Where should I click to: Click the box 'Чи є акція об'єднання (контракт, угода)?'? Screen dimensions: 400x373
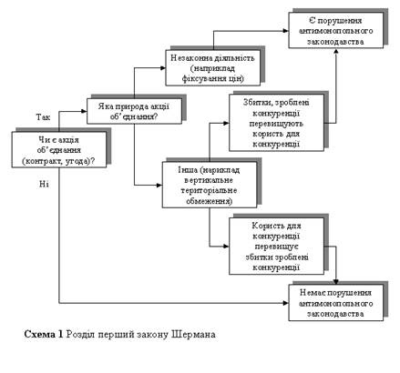tap(59, 149)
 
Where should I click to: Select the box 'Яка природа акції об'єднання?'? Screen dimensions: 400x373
tap(134, 111)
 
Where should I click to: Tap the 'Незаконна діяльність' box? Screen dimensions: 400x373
tap(213, 67)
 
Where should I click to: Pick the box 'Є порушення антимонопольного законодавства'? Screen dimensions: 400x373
tap(336, 30)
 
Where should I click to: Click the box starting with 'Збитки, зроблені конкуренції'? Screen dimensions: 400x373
tap(276, 123)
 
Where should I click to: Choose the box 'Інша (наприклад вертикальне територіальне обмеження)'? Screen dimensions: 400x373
tap(210, 185)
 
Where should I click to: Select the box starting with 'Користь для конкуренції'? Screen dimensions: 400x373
tap(276, 246)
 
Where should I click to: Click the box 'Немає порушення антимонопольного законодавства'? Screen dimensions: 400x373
tap(336, 303)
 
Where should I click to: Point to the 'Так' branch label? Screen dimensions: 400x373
tap(43, 117)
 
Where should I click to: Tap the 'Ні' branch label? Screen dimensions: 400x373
tap(44, 184)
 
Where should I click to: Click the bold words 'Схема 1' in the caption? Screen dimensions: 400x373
tap(44, 334)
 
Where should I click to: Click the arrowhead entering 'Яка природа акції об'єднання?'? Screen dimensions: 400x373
tap(84, 111)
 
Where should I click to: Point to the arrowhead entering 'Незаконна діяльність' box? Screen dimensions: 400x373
tap(163, 68)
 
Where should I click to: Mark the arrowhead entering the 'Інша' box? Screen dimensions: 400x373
tap(159, 185)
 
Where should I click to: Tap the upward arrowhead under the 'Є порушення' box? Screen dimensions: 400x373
tap(336, 51)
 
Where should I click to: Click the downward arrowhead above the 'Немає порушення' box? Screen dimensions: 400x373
tap(336, 282)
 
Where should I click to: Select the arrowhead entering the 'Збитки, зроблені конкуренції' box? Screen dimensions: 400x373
tap(226, 123)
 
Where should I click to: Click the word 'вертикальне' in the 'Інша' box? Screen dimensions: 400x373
tap(209, 180)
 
